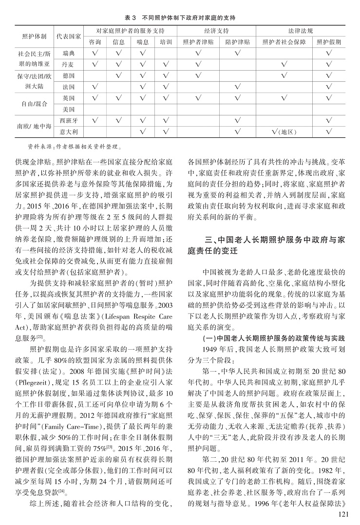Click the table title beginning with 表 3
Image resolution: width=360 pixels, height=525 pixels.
coord(180,18)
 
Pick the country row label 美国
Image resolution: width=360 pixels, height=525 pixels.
coord(68,109)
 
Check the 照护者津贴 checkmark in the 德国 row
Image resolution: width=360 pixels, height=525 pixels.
coord(198,75)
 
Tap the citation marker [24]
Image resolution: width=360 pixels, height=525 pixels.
coord(61,489)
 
